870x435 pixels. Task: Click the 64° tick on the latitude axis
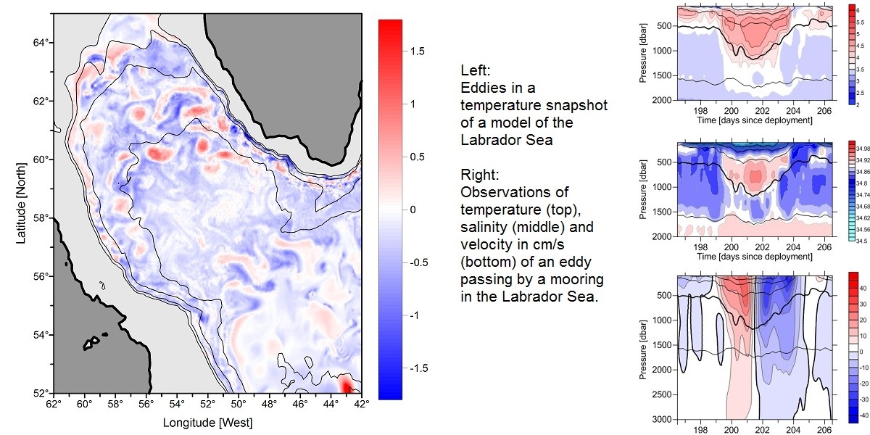[x=42, y=43]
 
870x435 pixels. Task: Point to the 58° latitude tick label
[x=42, y=217]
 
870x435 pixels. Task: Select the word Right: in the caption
[x=479, y=175]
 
